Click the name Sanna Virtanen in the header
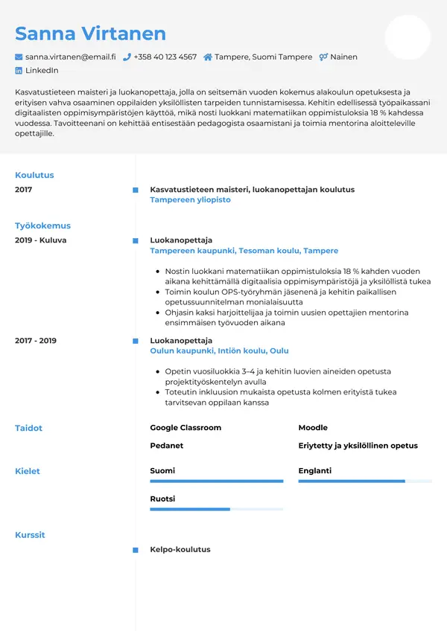pos(90,33)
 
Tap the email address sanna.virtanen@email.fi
pos(70,57)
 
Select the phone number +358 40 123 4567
pos(165,57)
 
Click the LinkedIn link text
pos(42,71)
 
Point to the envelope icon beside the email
pos(19,57)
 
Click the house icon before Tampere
pos(208,57)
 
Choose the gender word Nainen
pos(344,57)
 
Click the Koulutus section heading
pos(34,175)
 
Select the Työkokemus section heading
pos(42,225)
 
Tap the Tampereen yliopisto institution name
pos(190,200)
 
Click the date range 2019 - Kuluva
pos(41,240)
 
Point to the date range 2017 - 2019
pos(36,341)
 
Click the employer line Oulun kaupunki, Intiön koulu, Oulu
pos(219,350)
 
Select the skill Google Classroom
pos(186,428)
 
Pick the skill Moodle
pos(313,428)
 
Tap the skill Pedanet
pos(166,446)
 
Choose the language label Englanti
pos(314,471)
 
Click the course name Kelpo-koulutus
pos(180,550)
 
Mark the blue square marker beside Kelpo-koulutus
pos(135,550)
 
